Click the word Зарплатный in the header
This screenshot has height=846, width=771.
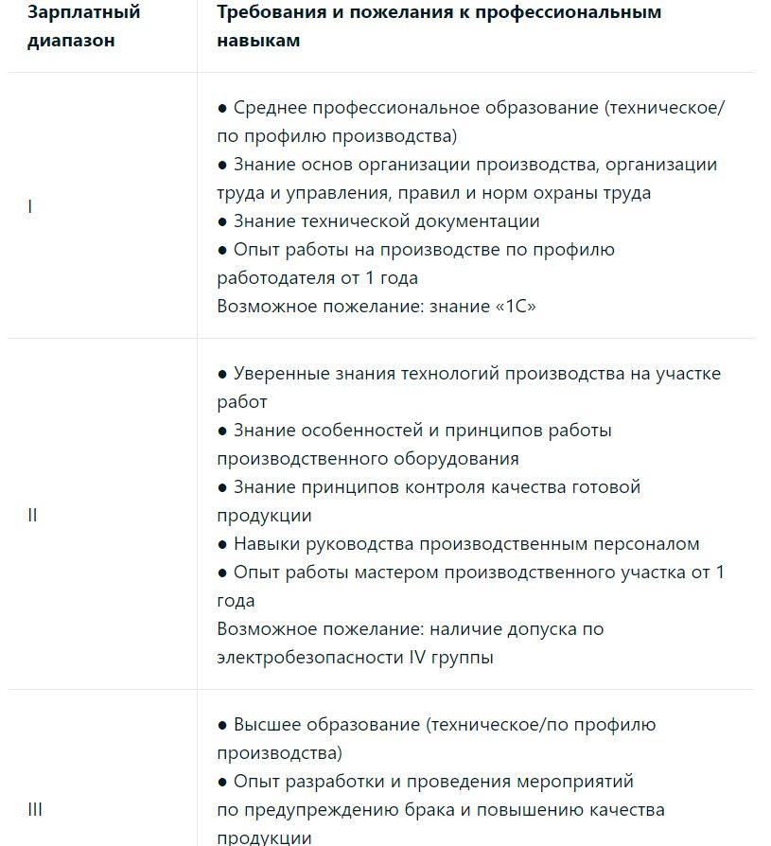tap(83, 12)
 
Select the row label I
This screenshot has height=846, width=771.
tap(30, 205)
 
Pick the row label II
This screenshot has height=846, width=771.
tap(32, 516)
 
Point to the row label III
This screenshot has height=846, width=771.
tap(35, 809)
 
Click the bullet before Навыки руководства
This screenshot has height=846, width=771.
tap(223, 544)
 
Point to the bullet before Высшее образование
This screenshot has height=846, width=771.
tap(223, 725)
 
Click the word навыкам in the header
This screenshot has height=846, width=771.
tap(258, 41)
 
